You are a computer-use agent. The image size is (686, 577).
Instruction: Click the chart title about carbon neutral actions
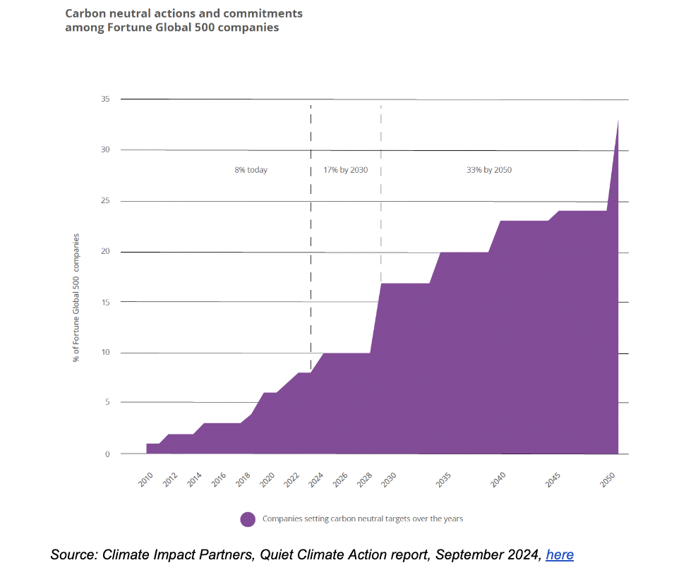(183, 20)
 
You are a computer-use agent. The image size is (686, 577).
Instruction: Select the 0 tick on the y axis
(107, 454)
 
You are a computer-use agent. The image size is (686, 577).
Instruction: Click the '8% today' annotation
(251, 170)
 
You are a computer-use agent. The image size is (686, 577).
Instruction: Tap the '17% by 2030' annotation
(346, 170)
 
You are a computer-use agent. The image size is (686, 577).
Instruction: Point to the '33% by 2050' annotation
(488, 170)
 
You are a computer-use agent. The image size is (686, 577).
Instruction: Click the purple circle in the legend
(248, 519)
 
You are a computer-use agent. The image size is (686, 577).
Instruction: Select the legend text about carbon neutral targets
(363, 519)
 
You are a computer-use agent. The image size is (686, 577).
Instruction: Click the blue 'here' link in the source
(560, 555)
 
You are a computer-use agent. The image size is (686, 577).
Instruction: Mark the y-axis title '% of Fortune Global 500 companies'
(76, 297)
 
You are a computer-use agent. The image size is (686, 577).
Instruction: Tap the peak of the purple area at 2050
(618, 121)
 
